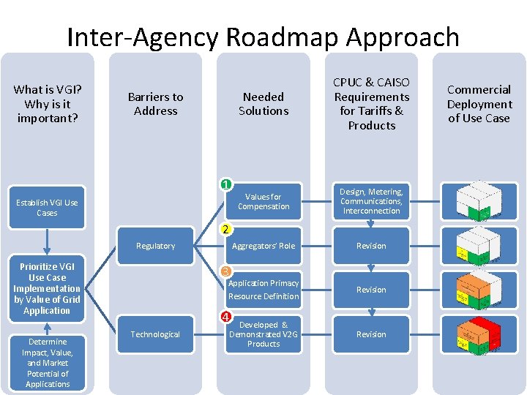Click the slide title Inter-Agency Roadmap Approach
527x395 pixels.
point(263,37)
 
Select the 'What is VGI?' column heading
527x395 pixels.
point(48,103)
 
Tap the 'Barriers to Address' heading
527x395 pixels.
point(155,104)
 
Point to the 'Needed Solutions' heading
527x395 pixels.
point(263,104)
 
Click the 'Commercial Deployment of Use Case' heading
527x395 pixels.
point(479,104)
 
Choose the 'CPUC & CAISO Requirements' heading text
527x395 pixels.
point(372,104)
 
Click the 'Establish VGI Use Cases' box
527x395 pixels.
point(47,208)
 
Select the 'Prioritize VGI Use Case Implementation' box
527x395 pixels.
point(47,289)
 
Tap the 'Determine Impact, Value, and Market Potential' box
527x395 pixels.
point(47,363)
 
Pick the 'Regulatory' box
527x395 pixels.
point(155,246)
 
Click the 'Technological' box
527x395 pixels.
point(155,334)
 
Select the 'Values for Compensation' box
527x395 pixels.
point(263,201)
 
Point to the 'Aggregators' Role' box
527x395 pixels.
point(263,246)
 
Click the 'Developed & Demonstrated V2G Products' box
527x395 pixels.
point(263,334)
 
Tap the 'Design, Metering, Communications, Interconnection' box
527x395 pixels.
point(372,201)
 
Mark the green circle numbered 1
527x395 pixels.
point(227,185)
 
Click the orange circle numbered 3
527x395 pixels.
point(227,272)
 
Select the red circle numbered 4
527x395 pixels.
point(227,317)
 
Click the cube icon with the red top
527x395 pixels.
point(479,334)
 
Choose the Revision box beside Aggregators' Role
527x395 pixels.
point(372,246)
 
